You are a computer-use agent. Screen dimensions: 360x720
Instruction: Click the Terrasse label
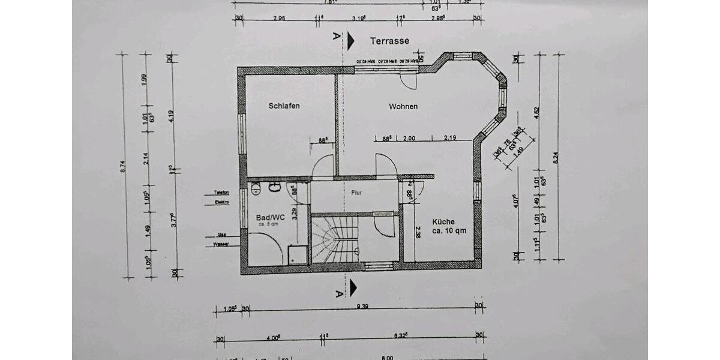tap(389, 41)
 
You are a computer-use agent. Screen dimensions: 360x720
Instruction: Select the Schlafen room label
tap(284, 106)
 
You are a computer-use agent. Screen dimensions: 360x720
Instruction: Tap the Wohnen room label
tap(403, 107)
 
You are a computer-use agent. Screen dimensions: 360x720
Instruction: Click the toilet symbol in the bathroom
tap(255, 187)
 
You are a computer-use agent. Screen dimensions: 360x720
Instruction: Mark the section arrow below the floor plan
tap(353, 288)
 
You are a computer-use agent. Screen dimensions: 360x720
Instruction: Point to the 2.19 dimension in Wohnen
tap(450, 139)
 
